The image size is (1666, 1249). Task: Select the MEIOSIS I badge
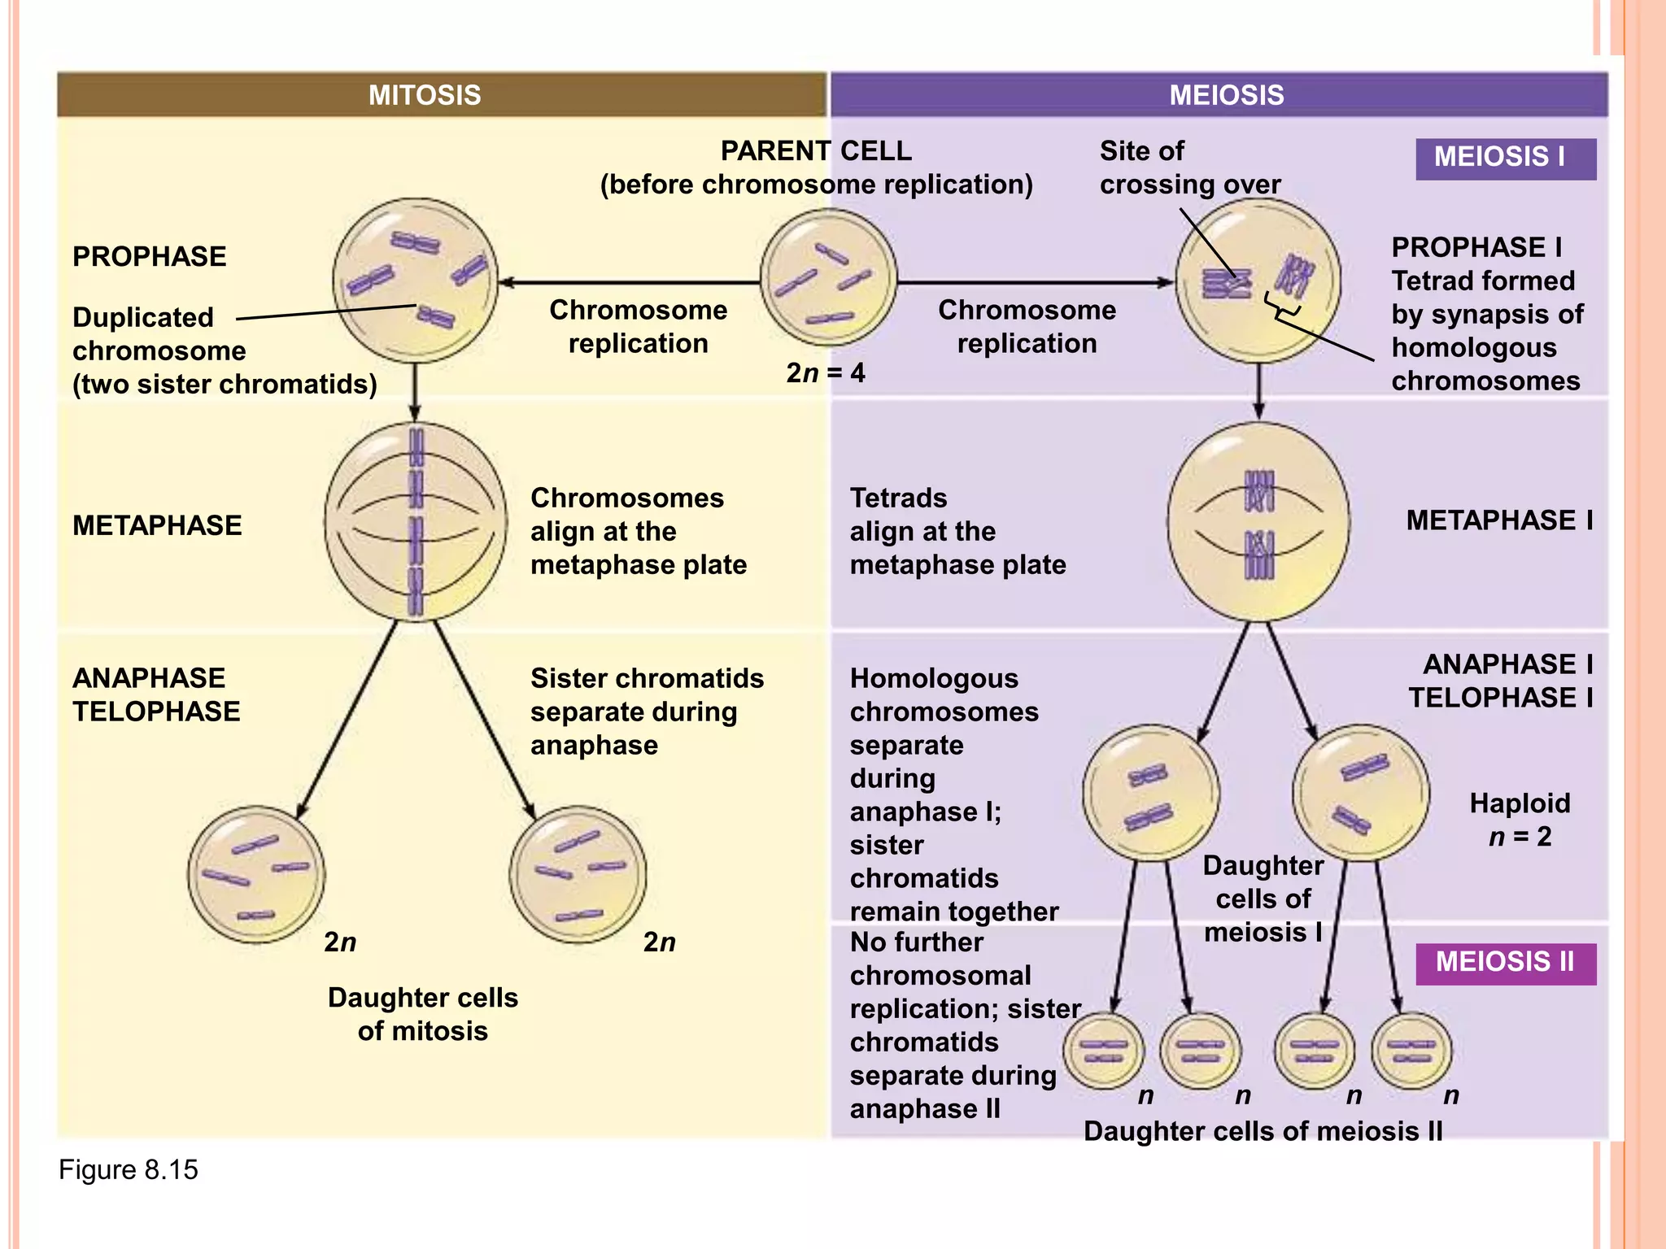coord(1505,158)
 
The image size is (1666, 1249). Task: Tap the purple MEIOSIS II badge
coord(1505,963)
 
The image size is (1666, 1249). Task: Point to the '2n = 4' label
coord(825,373)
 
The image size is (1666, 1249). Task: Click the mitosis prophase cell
coord(415,281)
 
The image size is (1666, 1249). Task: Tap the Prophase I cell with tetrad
coord(1258,281)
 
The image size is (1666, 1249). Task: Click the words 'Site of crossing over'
coord(1189,168)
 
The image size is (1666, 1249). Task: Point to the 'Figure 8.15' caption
coord(128,1170)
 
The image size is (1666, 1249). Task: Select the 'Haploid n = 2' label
coord(1519,820)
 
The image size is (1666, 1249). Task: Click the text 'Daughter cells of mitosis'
coord(422,1014)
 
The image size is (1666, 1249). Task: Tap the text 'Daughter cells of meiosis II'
coord(1263,1131)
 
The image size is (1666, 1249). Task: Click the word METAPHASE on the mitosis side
coord(157,525)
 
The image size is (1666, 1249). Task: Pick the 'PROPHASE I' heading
coord(1476,247)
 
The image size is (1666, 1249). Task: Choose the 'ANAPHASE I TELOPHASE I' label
coord(1500,681)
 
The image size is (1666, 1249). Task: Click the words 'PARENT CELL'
coord(816,151)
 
